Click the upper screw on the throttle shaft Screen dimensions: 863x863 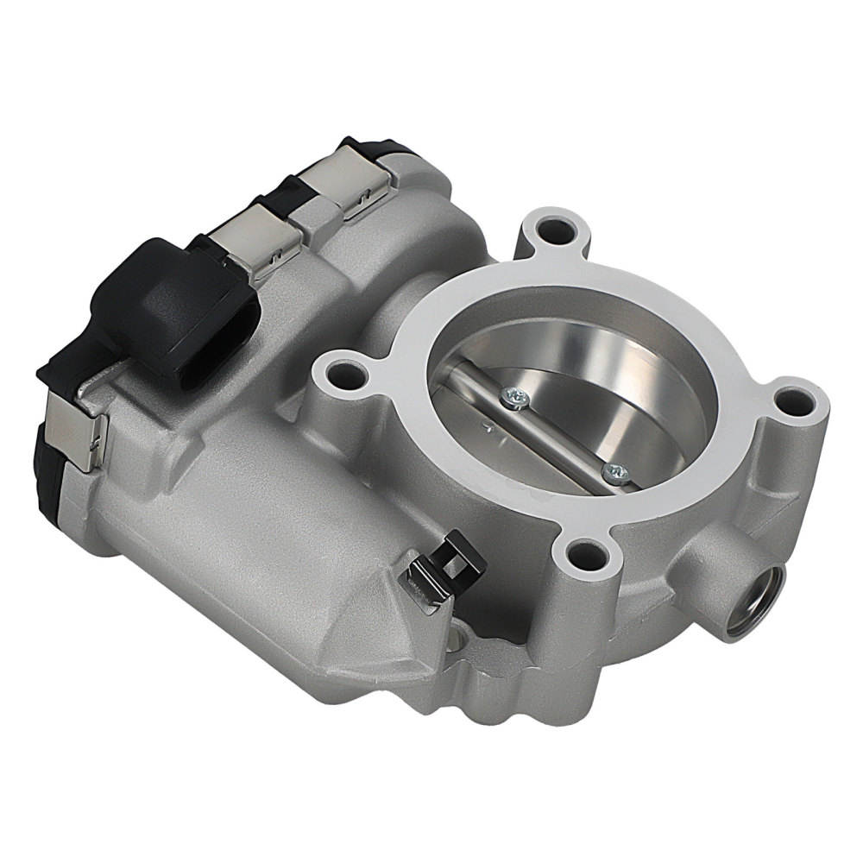tap(515, 395)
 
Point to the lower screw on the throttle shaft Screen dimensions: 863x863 tap(614, 470)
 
